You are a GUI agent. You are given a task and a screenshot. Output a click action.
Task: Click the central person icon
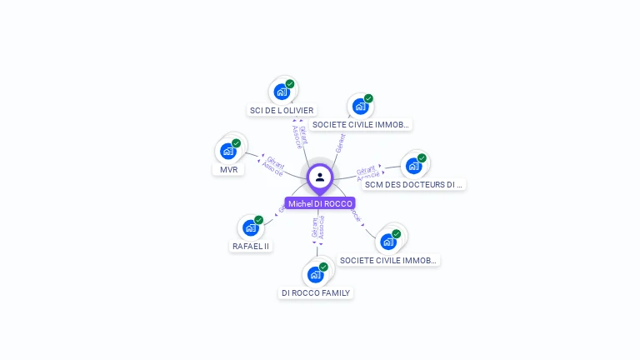(x=320, y=177)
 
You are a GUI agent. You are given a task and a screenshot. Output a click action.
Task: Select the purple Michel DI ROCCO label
(x=320, y=203)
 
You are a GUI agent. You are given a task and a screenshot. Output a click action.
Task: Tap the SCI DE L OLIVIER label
(x=282, y=110)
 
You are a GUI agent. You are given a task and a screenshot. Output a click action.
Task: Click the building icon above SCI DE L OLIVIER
(x=282, y=92)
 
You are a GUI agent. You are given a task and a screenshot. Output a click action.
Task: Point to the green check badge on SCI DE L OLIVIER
(x=290, y=83)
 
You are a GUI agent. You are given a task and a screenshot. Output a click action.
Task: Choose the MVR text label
(x=228, y=169)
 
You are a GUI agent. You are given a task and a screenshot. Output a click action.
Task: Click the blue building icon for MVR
(x=228, y=151)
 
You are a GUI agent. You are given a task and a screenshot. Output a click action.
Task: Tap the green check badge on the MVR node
(x=237, y=142)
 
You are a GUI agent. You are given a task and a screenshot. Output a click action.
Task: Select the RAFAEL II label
(x=251, y=246)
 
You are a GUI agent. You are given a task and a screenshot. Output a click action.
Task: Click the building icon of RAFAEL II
(x=251, y=227)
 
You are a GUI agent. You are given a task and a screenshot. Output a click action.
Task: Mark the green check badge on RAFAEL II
(x=259, y=220)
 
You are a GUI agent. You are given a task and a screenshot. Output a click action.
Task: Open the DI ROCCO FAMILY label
(x=316, y=292)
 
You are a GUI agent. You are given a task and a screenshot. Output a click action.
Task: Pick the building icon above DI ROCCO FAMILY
(x=315, y=274)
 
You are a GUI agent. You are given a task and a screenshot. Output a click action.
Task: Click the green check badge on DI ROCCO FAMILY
(x=323, y=267)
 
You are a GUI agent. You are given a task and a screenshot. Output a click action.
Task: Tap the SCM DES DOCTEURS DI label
(x=413, y=184)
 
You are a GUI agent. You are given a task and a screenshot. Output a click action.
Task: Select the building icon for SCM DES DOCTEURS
(x=413, y=166)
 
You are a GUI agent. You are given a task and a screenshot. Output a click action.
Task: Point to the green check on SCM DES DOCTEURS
(x=422, y=157)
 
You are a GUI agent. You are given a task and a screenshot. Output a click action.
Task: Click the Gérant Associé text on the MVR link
(x=274, y=164)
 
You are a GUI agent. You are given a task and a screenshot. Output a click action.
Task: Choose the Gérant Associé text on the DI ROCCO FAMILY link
(x=318, y=227)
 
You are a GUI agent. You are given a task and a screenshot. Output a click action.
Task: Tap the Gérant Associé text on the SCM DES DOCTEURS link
(x=367, y=172)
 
